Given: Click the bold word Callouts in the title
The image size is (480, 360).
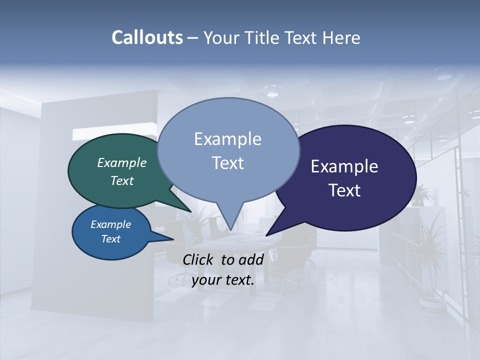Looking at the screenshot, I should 147,37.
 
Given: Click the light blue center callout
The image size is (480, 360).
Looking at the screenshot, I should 228,150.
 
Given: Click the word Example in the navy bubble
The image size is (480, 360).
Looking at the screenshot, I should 344,166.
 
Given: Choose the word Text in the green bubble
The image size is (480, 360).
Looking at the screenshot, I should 122,180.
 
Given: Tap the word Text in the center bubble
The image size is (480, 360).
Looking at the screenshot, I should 228,163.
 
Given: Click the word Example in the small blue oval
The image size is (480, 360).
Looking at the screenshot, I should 111,224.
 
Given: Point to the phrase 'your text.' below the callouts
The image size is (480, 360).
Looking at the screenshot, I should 223,280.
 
